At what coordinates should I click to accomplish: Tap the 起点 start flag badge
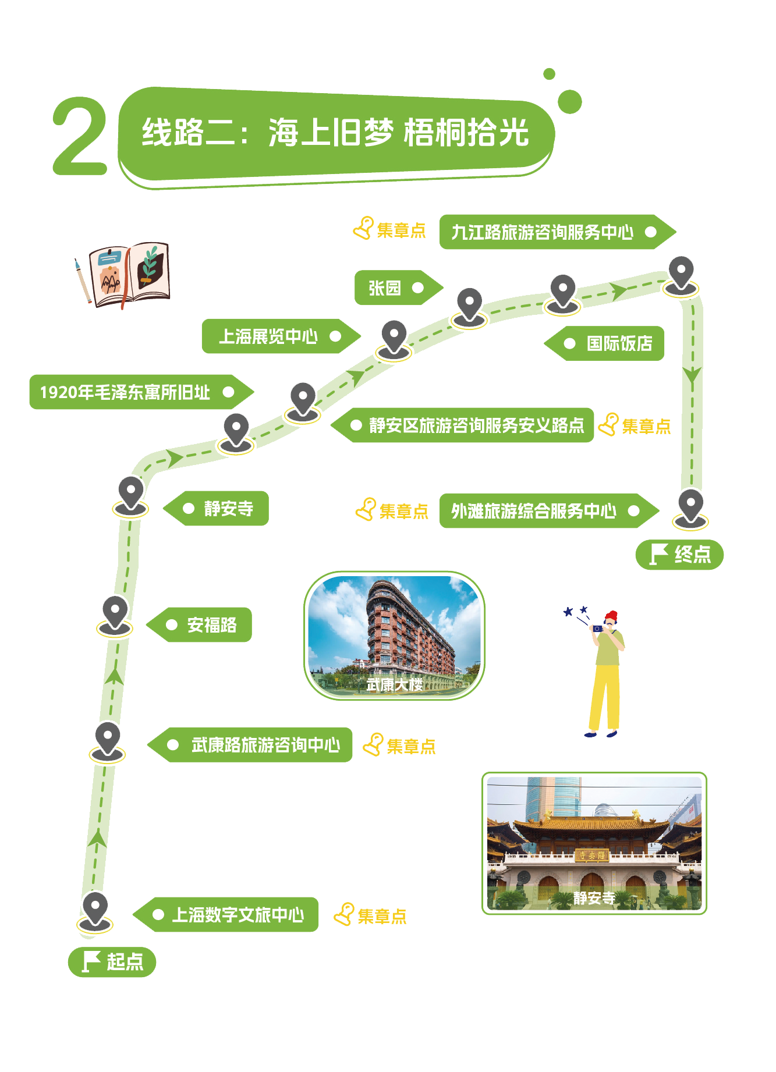tap(112, 961)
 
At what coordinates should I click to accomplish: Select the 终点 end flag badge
tap(679, 554)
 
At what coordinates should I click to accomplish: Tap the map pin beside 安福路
tap(115, 613)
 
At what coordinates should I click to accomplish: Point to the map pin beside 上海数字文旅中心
tap(95, 910)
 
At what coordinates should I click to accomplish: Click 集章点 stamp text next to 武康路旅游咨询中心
tap(411, 746)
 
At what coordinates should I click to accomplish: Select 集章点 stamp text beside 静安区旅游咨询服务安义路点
tap(646, 427)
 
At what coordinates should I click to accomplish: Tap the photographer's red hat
tap(611, 616)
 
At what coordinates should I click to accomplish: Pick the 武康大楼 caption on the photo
tap(394, 685)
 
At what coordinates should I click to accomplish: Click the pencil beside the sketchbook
tap(83, 281)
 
